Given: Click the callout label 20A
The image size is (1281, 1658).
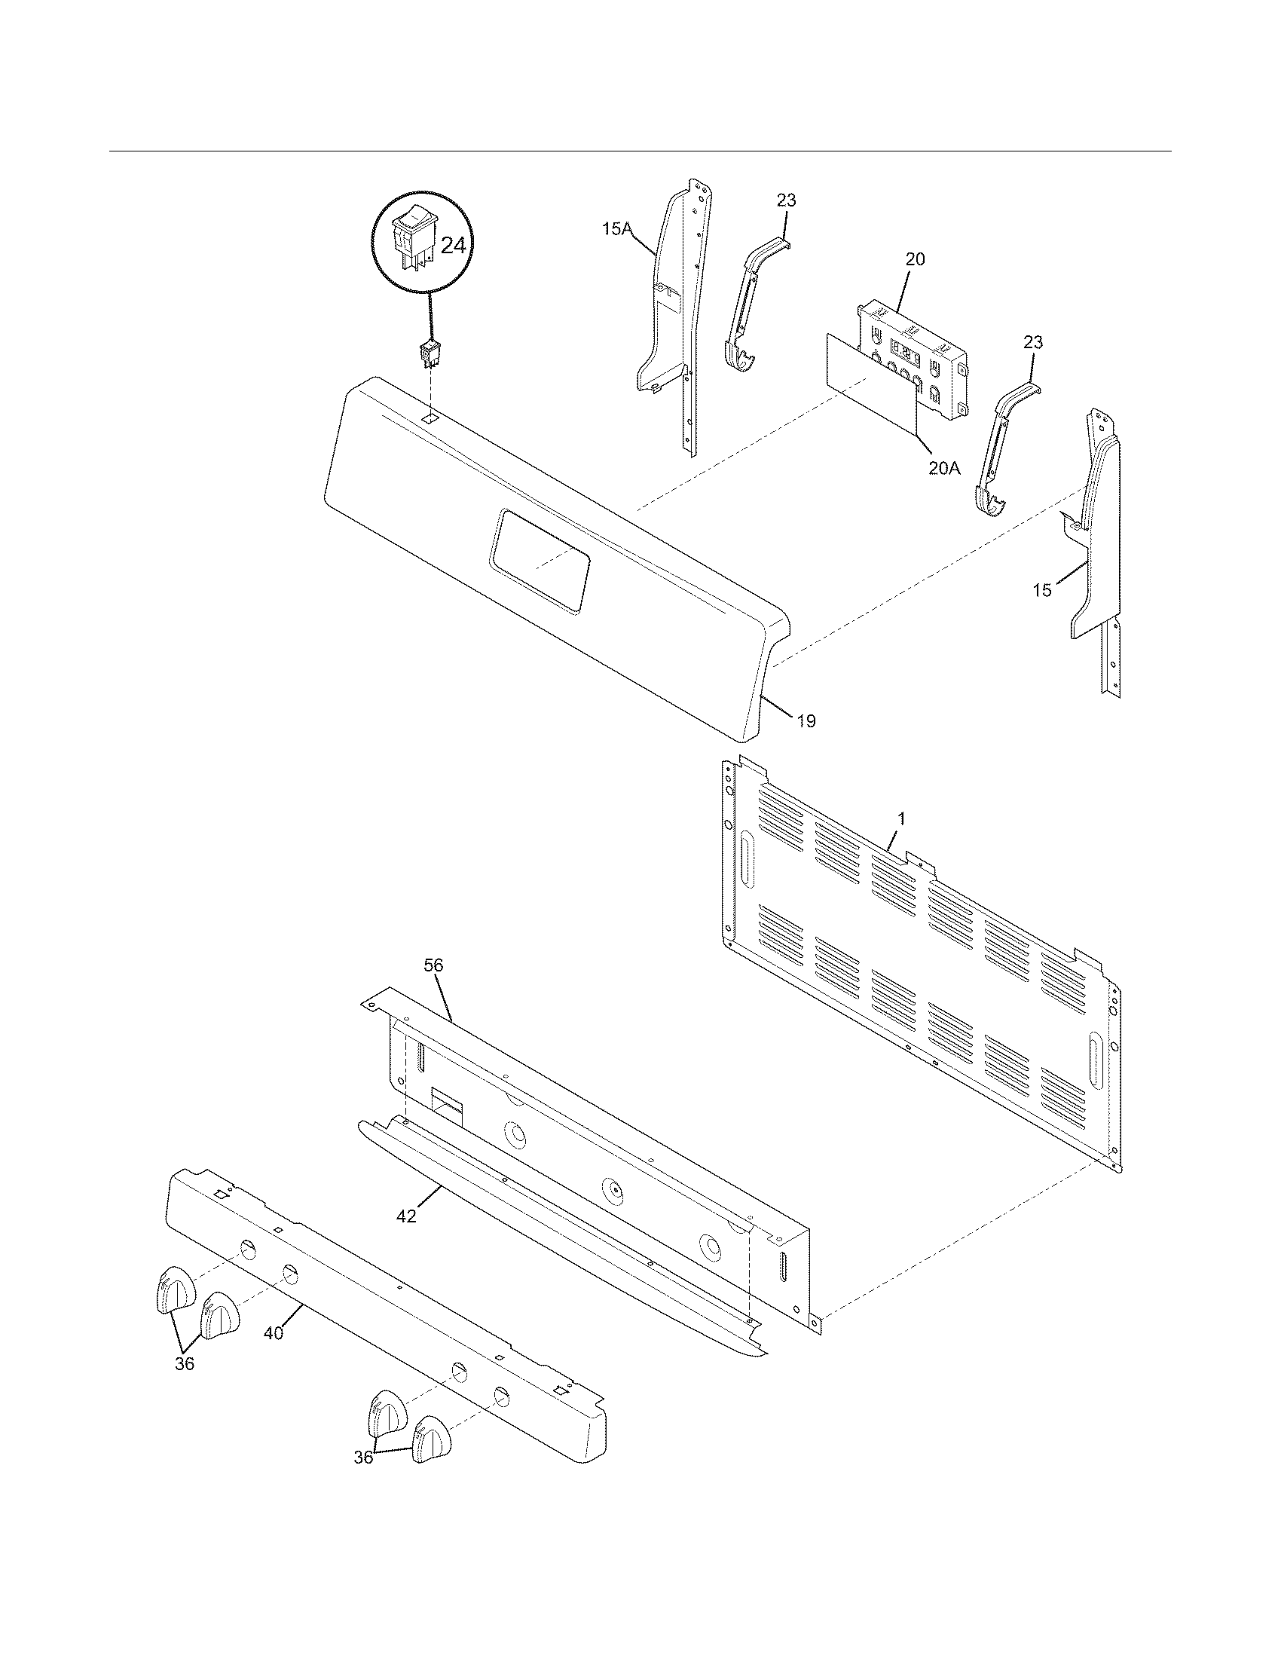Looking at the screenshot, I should pos(943,469).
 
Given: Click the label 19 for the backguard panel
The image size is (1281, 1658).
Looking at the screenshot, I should pos(807,720).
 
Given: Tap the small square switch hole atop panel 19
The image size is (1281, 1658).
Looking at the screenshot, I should pos(430,418).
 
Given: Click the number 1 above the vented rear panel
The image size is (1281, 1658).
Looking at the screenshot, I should pos(900,818).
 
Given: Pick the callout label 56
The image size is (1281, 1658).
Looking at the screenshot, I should pos(433,965).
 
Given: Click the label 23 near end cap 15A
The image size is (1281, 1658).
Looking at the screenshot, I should pos(787,200).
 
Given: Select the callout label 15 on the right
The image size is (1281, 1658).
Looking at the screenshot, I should pos(1042,590).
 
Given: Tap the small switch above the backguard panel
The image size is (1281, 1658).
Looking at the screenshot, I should pos(430,354).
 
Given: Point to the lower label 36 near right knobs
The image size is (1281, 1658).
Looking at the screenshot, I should pos(364,1478).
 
